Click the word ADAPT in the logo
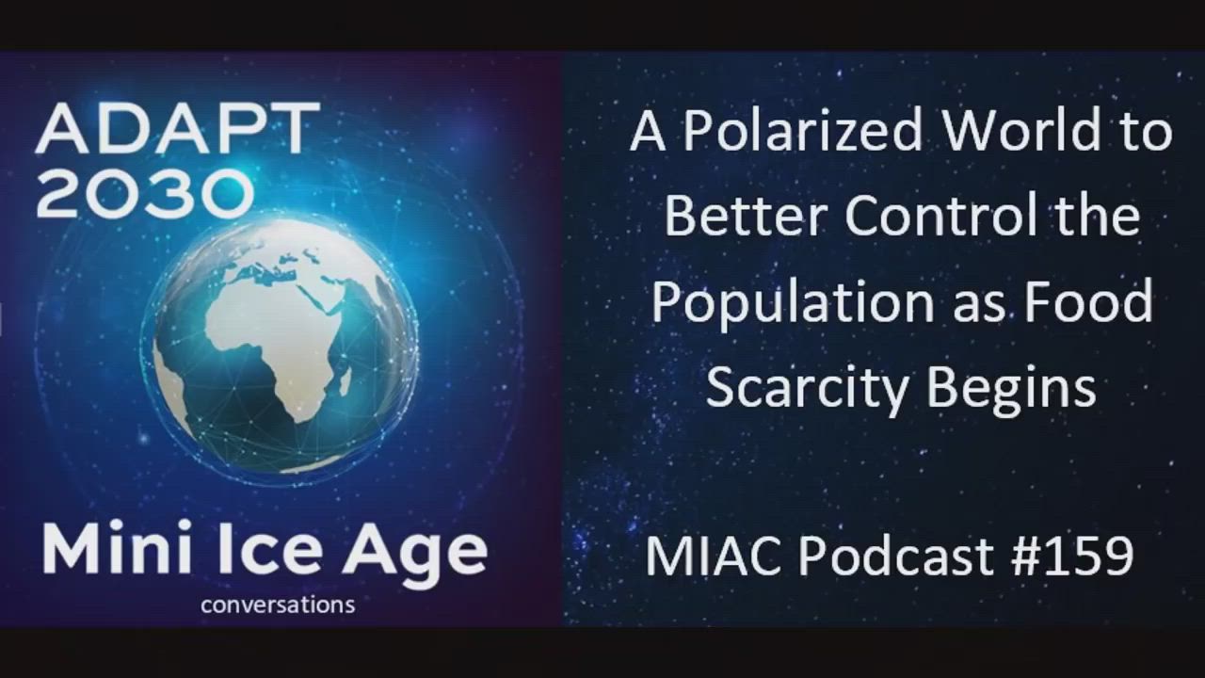click(178, 128)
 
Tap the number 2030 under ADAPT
click(145, 193)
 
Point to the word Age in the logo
click(415, 555)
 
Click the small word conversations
click(278, 605)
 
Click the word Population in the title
click(794, 304)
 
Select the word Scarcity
click(808, 389)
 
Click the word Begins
click(1012, 389)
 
